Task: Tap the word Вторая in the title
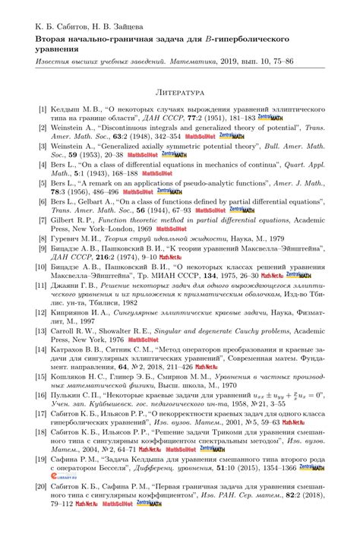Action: (54, 38)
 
